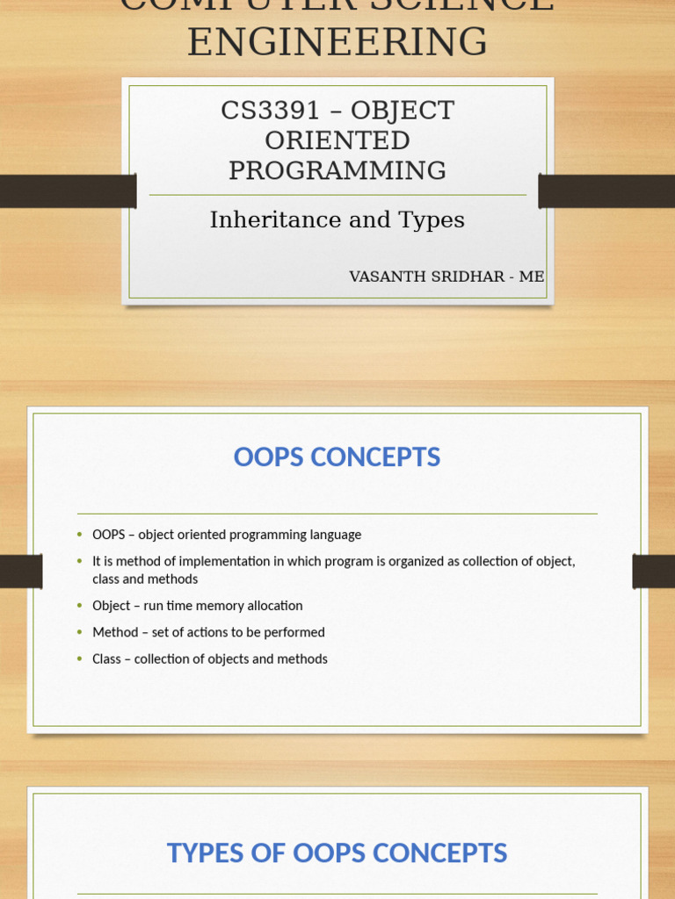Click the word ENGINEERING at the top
tap(337, 42)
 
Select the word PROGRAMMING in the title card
tap(337, 170)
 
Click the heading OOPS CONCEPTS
tap(337, 457)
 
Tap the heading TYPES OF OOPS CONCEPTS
tap(337, 853)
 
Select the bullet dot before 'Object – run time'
tap(80, 606)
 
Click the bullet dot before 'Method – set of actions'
tap(80, 632)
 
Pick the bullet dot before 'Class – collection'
tap(80, 659)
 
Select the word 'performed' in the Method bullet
tap(295, 632)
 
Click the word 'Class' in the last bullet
tap(106, 659)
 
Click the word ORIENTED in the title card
tap(337, 140)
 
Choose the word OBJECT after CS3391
tap(403, 111)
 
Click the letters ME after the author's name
tap(532, 277)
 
